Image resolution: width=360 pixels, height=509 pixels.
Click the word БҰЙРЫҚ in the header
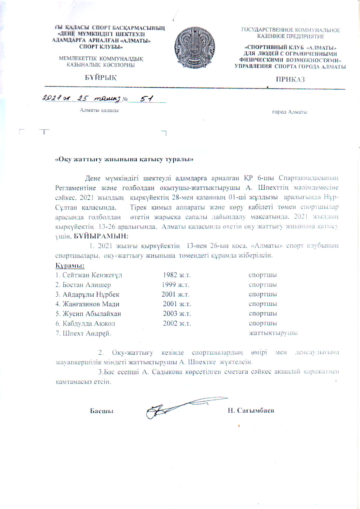pyautogui.click(x=101, y=78)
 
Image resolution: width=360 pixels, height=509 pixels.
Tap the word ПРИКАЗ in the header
pyautogui.click(x=290, y=80)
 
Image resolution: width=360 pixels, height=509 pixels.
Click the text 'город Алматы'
pyautogui.click(x=289, y=112)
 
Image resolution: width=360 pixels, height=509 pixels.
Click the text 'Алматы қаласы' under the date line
pyautogui.click(x=99, y=110)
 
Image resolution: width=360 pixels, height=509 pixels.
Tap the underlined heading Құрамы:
pyautogui.click(x=70, y=265)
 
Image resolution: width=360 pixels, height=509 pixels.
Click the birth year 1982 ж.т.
pyautogui.click(x=177, y=275)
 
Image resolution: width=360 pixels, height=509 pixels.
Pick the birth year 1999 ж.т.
pyautogui.click(x=176, y=285)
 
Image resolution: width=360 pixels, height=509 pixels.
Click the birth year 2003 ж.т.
pyautogui.click(x=177, y=314)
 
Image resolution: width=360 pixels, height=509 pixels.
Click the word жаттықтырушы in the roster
pyautogui.click(x=273, y=333)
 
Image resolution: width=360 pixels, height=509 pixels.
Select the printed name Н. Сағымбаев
pyautogui.click(x=251, y=411)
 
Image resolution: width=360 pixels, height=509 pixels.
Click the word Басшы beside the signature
pyautogui.click(x=102, y=411)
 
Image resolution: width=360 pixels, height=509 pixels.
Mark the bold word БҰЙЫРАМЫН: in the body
pyautogui.click(x=101, y=236)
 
